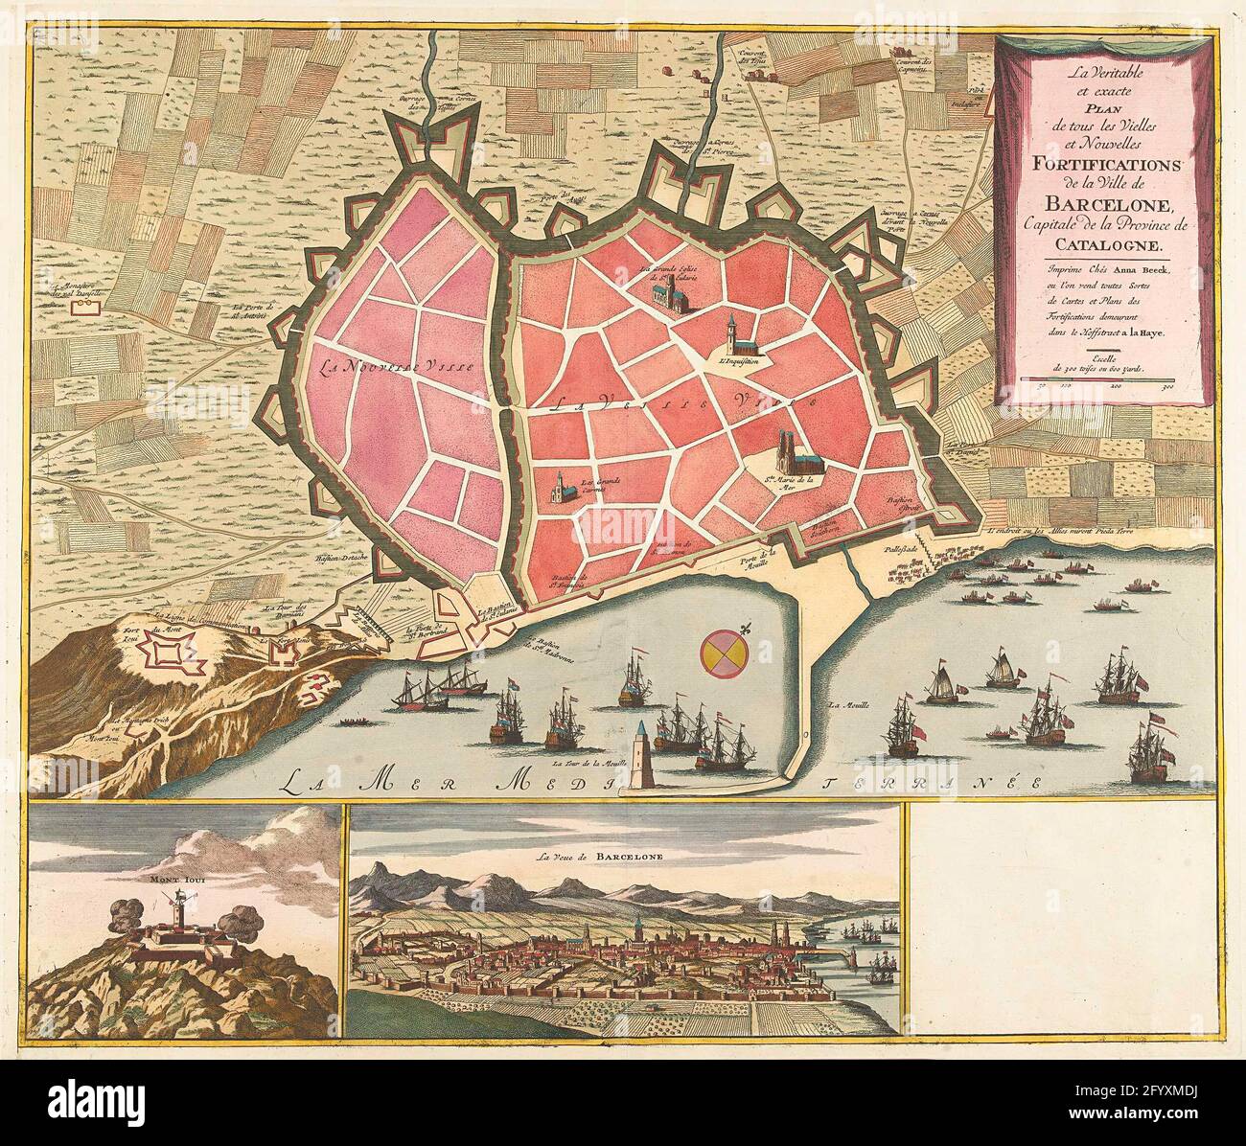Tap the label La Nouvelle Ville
(x=377, y=365)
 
